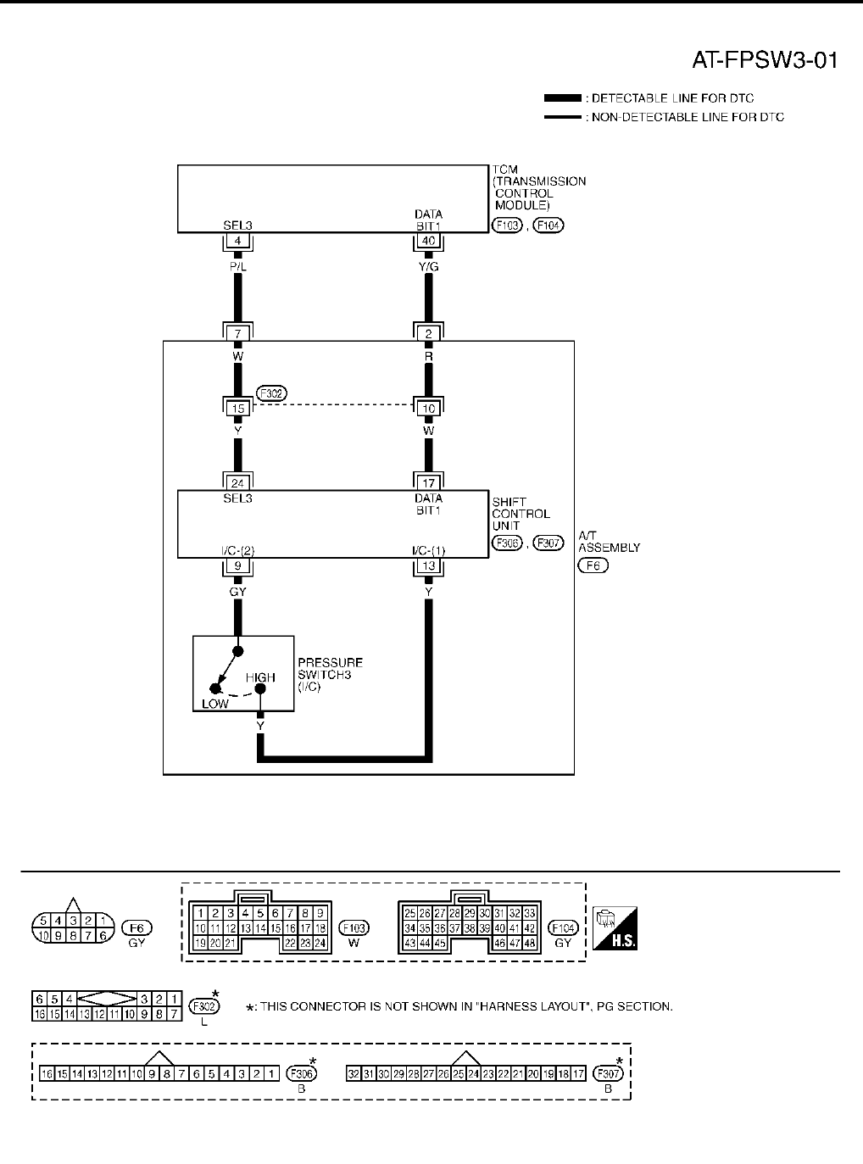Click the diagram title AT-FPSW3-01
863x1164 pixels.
tap(765, 61)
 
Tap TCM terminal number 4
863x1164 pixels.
tap(237, 242)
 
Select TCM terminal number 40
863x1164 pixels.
tap(428, 242)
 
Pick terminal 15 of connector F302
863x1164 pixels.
tap(237, 409)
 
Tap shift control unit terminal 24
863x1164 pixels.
tap(237, 483)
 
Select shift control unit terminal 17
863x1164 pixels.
tap(428, 483)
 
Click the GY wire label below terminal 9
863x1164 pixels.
tap(237, 591)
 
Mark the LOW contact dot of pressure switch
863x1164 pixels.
tap(215, 689)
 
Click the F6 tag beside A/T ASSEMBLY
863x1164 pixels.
tap(593, 565)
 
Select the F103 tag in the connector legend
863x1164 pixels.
tap(354, 927)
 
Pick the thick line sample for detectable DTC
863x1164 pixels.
tap(562, 98)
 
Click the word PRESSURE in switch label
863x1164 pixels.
tap(331, 663)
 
